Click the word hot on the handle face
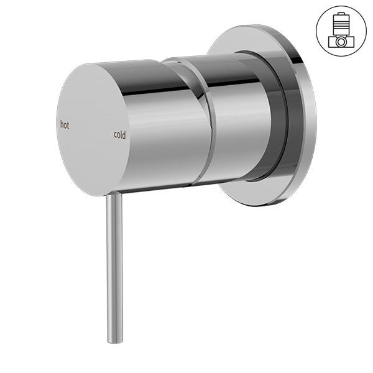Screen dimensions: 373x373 (x=65, y=125)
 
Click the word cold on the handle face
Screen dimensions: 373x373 (x=120, y=135)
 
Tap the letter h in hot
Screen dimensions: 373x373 (x=62, y=124)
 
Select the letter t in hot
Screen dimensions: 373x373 (x=68, y=126)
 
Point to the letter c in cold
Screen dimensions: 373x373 (x=116, y=135)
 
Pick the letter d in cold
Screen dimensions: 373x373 (x=124, y=135)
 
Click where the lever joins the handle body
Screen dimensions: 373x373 (x=114, y=195)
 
